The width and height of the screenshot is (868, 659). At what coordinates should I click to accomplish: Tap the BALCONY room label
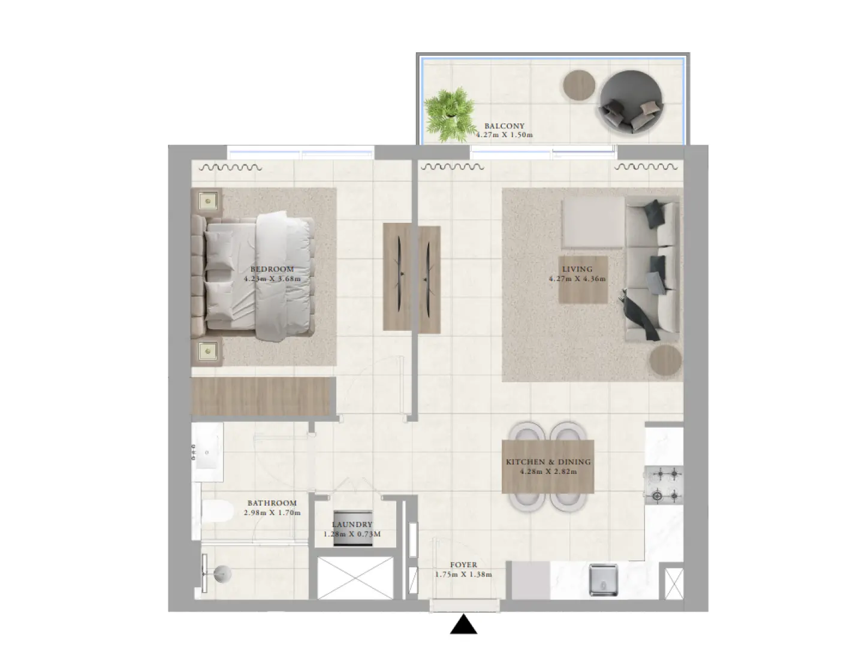point(504,126)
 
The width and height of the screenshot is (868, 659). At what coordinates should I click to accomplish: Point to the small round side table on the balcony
point(579,85)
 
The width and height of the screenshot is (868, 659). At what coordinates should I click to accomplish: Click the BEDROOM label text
point(272,269)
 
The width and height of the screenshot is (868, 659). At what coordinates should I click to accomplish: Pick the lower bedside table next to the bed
point(208,351)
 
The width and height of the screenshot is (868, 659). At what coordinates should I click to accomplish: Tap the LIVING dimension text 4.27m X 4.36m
point(577,279)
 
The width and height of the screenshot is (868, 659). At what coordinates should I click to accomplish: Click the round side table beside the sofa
point(666,361)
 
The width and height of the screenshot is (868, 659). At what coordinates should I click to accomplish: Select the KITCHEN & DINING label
point(548,462)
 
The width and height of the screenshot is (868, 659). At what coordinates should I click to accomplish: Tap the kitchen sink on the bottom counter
point(603,579)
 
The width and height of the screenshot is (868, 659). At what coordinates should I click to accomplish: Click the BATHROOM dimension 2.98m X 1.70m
point(272,513)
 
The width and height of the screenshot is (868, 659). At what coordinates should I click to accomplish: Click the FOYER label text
point(463,565)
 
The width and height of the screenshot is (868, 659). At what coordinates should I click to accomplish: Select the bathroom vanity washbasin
point(207,452)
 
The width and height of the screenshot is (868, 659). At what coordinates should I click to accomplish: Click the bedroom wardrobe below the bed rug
point(262,396)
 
